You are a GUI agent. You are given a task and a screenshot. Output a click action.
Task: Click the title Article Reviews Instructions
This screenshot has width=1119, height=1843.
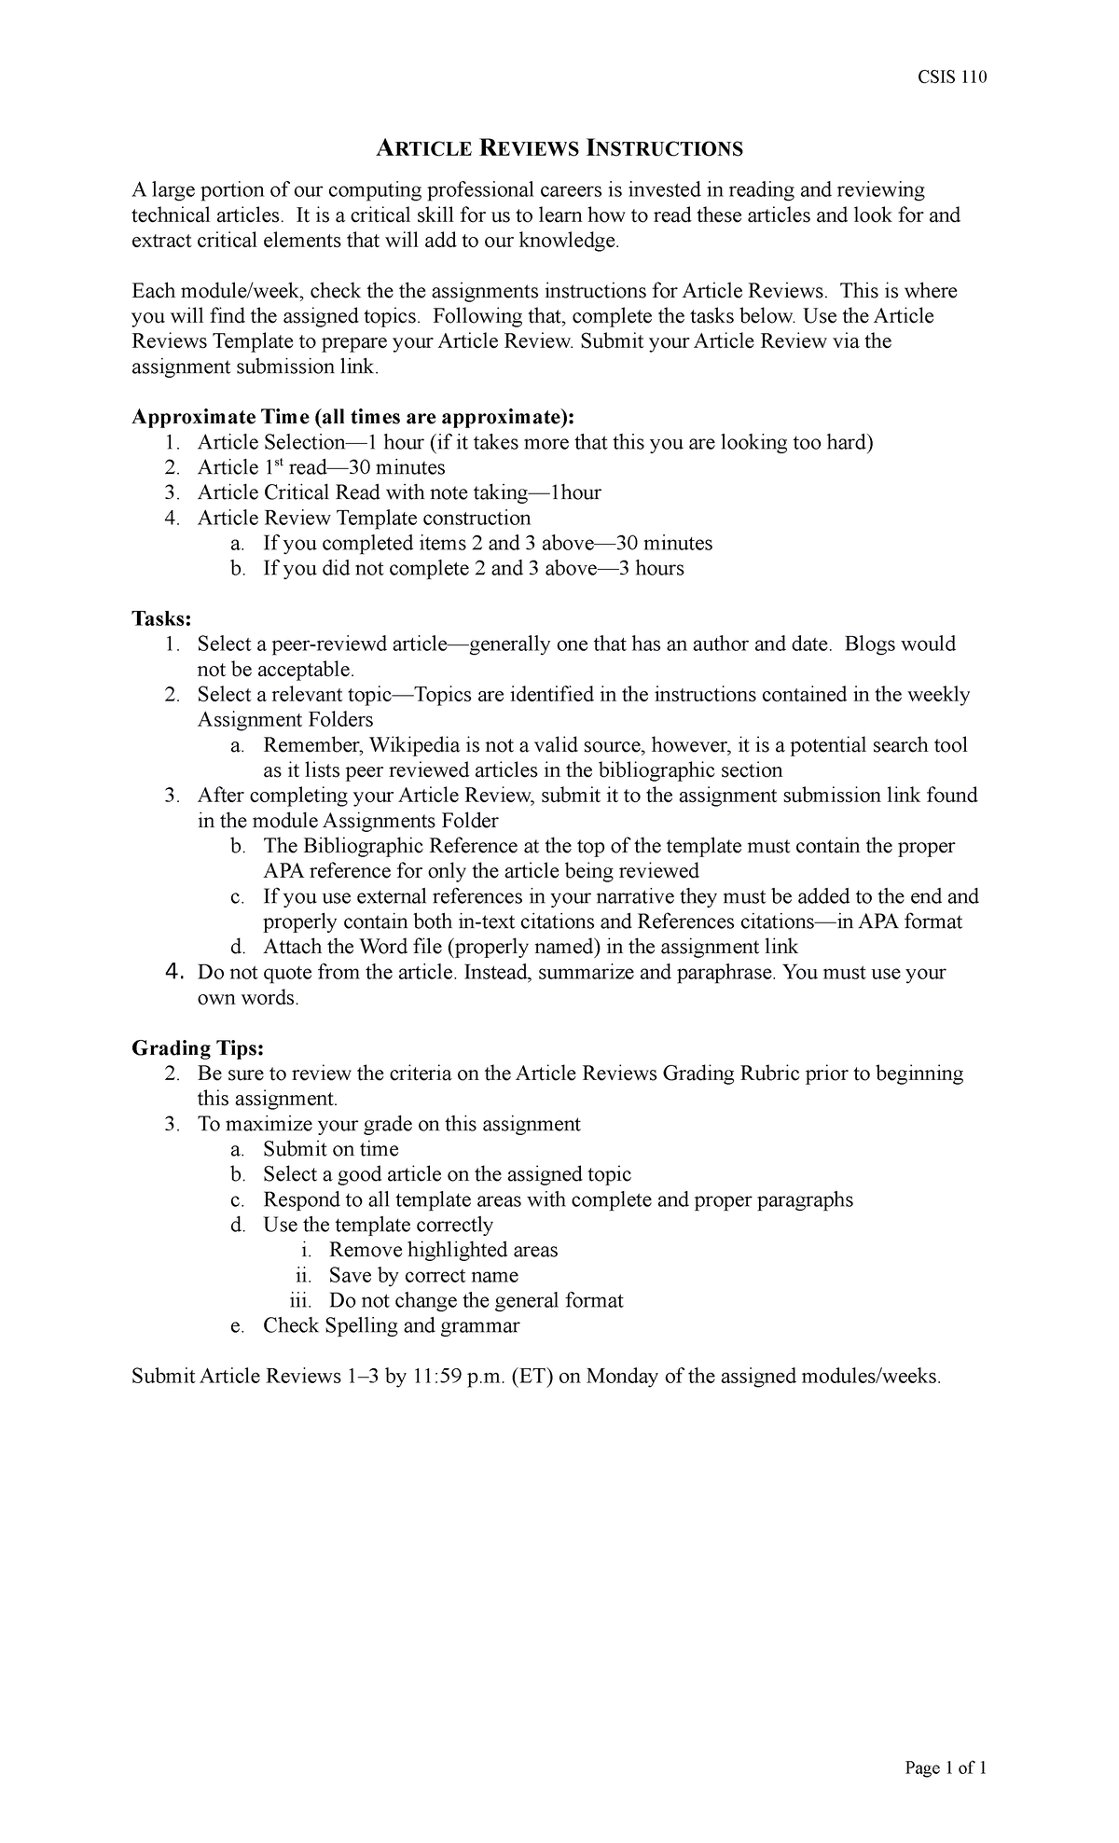coord(559,148)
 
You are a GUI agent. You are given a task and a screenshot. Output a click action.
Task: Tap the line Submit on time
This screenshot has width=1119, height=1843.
coord(330,1149)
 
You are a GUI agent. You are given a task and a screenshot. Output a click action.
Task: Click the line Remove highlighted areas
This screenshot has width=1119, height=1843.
coord(443,1250)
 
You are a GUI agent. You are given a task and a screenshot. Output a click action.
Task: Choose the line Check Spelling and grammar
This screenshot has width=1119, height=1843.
coord(391,1325)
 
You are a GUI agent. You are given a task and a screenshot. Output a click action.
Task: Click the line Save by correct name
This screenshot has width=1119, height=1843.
coord(423,1275)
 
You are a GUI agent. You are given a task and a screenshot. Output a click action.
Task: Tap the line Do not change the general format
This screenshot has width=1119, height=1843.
coord(476,1300)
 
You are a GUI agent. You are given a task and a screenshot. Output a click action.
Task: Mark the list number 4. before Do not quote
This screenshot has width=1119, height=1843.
coord(172,972)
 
